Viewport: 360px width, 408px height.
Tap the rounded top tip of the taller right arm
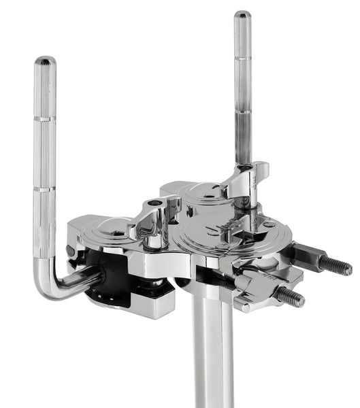(x=242, y=15)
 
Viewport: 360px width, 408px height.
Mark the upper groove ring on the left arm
(x=46, y=119)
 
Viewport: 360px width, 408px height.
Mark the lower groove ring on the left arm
(x=46, y=188)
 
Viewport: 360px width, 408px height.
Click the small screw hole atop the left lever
(x=158, y=203)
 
